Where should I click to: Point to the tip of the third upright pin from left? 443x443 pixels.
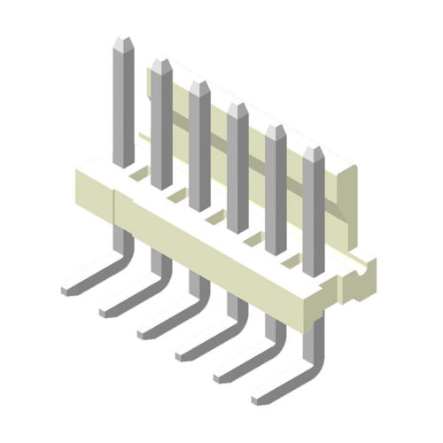point(198,85)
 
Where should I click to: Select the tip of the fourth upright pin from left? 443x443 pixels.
point(237,107)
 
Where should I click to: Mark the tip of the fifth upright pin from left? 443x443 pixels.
point(275,129)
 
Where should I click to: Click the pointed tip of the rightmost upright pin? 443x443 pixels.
point(313,152)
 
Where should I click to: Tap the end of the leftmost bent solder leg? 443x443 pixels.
point(68,290)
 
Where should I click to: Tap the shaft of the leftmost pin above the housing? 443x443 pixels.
point(122,106)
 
